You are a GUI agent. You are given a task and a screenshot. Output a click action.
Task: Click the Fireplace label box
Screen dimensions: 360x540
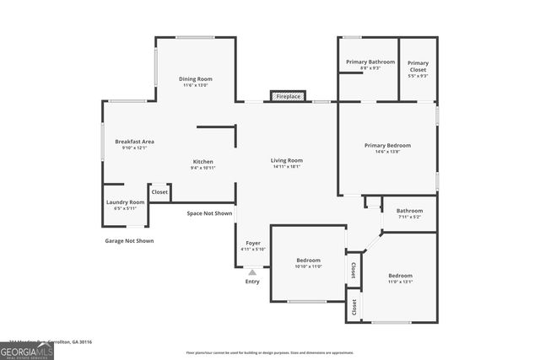(x=289, y=97)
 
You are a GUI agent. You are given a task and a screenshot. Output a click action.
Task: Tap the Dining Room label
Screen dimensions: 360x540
(x=195, y=78)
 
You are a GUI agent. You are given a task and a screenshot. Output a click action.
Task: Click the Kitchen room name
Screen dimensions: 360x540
(x=202, y=161)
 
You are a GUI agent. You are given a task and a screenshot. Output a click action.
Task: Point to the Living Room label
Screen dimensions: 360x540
(x=287, y=160)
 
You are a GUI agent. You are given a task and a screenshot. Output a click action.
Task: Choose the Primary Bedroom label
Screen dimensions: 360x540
(x=387, y=145)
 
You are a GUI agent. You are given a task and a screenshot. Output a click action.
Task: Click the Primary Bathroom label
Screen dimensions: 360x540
(x=370, y=62)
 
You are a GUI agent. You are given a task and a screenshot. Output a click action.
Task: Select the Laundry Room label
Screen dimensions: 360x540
(x=125, y=201)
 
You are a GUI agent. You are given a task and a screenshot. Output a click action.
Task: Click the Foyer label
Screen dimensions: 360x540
(x=252, y=243)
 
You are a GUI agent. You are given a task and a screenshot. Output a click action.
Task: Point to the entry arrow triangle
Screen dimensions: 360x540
(x=252, y=271)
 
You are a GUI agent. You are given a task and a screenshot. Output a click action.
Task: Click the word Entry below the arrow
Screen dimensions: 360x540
(x=252, y=282)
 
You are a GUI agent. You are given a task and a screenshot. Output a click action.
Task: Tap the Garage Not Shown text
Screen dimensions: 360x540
(x=129, y=240)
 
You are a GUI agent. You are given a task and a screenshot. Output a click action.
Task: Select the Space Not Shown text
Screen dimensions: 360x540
(x=209, y=213)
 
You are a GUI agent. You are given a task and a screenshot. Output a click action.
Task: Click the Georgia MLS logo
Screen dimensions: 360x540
(x=27, y=347)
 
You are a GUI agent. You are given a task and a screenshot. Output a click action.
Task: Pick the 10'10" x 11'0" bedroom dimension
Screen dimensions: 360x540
(x=308, y=266)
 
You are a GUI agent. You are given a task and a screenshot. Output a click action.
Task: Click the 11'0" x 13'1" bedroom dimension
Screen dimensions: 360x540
(x=400, y=282)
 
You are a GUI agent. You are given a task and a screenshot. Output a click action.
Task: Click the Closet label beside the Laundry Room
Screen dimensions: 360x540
(x=159, y=192)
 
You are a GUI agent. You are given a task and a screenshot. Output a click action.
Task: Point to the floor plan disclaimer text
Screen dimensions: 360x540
(x=269, y=352)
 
